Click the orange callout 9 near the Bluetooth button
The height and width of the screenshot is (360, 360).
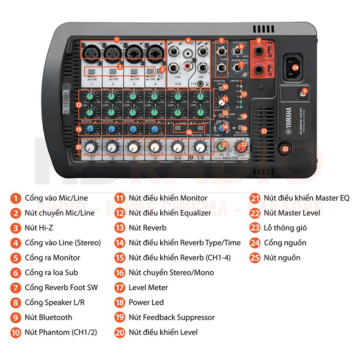coord(305,91)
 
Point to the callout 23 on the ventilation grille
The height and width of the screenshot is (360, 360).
coord(264,131)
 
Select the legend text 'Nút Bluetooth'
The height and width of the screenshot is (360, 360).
coord(49,317)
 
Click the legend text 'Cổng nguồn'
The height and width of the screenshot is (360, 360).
coord(285,243)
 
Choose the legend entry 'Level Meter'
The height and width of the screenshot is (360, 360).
coord(148,287)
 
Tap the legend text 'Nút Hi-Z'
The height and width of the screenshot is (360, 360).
coord(39,228)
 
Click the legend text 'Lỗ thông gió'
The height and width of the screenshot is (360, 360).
coord(285,228)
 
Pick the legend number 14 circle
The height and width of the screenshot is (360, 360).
coord(120,243)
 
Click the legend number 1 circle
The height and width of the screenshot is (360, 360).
coord(16,198)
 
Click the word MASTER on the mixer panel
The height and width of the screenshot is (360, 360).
coord(231,158)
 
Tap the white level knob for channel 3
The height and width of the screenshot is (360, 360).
coord(133,147)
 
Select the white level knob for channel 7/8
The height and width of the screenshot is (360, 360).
coord(200,147)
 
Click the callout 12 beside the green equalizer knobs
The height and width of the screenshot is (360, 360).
coord(79,104)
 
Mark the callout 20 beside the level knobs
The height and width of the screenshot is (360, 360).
coord(79,147)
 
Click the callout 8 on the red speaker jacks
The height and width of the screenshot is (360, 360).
coord(258,40)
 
